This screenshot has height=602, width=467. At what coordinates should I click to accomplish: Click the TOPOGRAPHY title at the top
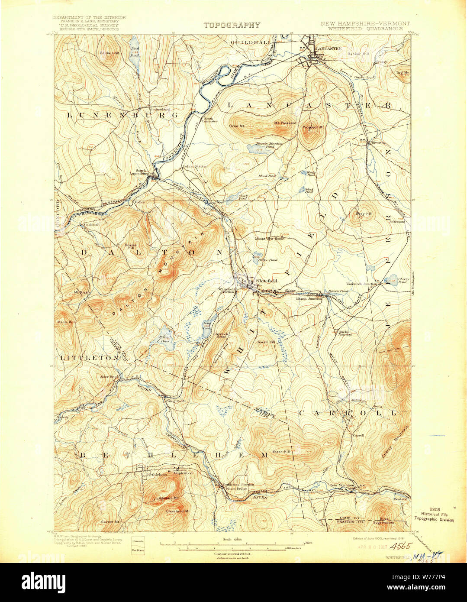click(232, 25)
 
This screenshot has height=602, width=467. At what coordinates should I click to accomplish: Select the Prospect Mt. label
click(313, 127)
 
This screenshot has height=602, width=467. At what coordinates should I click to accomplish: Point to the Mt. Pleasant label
click(285, 123)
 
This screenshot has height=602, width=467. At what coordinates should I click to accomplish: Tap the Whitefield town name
click(266, 281)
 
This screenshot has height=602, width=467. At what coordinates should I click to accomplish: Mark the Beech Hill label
click(281, 452)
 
